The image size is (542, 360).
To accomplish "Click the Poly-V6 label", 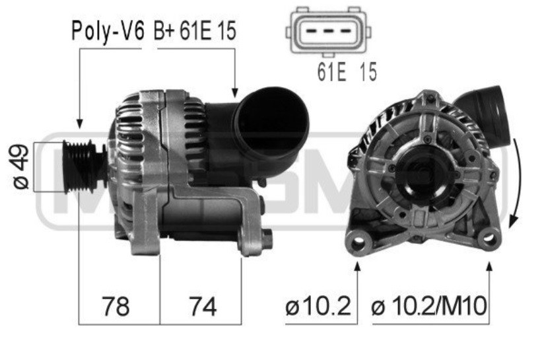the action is (107, 32).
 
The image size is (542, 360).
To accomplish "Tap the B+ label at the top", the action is (164, 30).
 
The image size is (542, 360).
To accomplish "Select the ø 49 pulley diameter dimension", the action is (20, 166).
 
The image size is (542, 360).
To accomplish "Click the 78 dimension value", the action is (116, 306).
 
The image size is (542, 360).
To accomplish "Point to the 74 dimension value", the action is (203, 306).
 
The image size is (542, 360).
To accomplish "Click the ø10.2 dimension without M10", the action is (318, 306).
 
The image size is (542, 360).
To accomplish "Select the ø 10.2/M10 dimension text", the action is (429, 306).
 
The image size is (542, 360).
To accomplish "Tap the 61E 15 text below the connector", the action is (347, 72).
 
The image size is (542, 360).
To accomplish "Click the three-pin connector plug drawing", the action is (328, 32).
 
